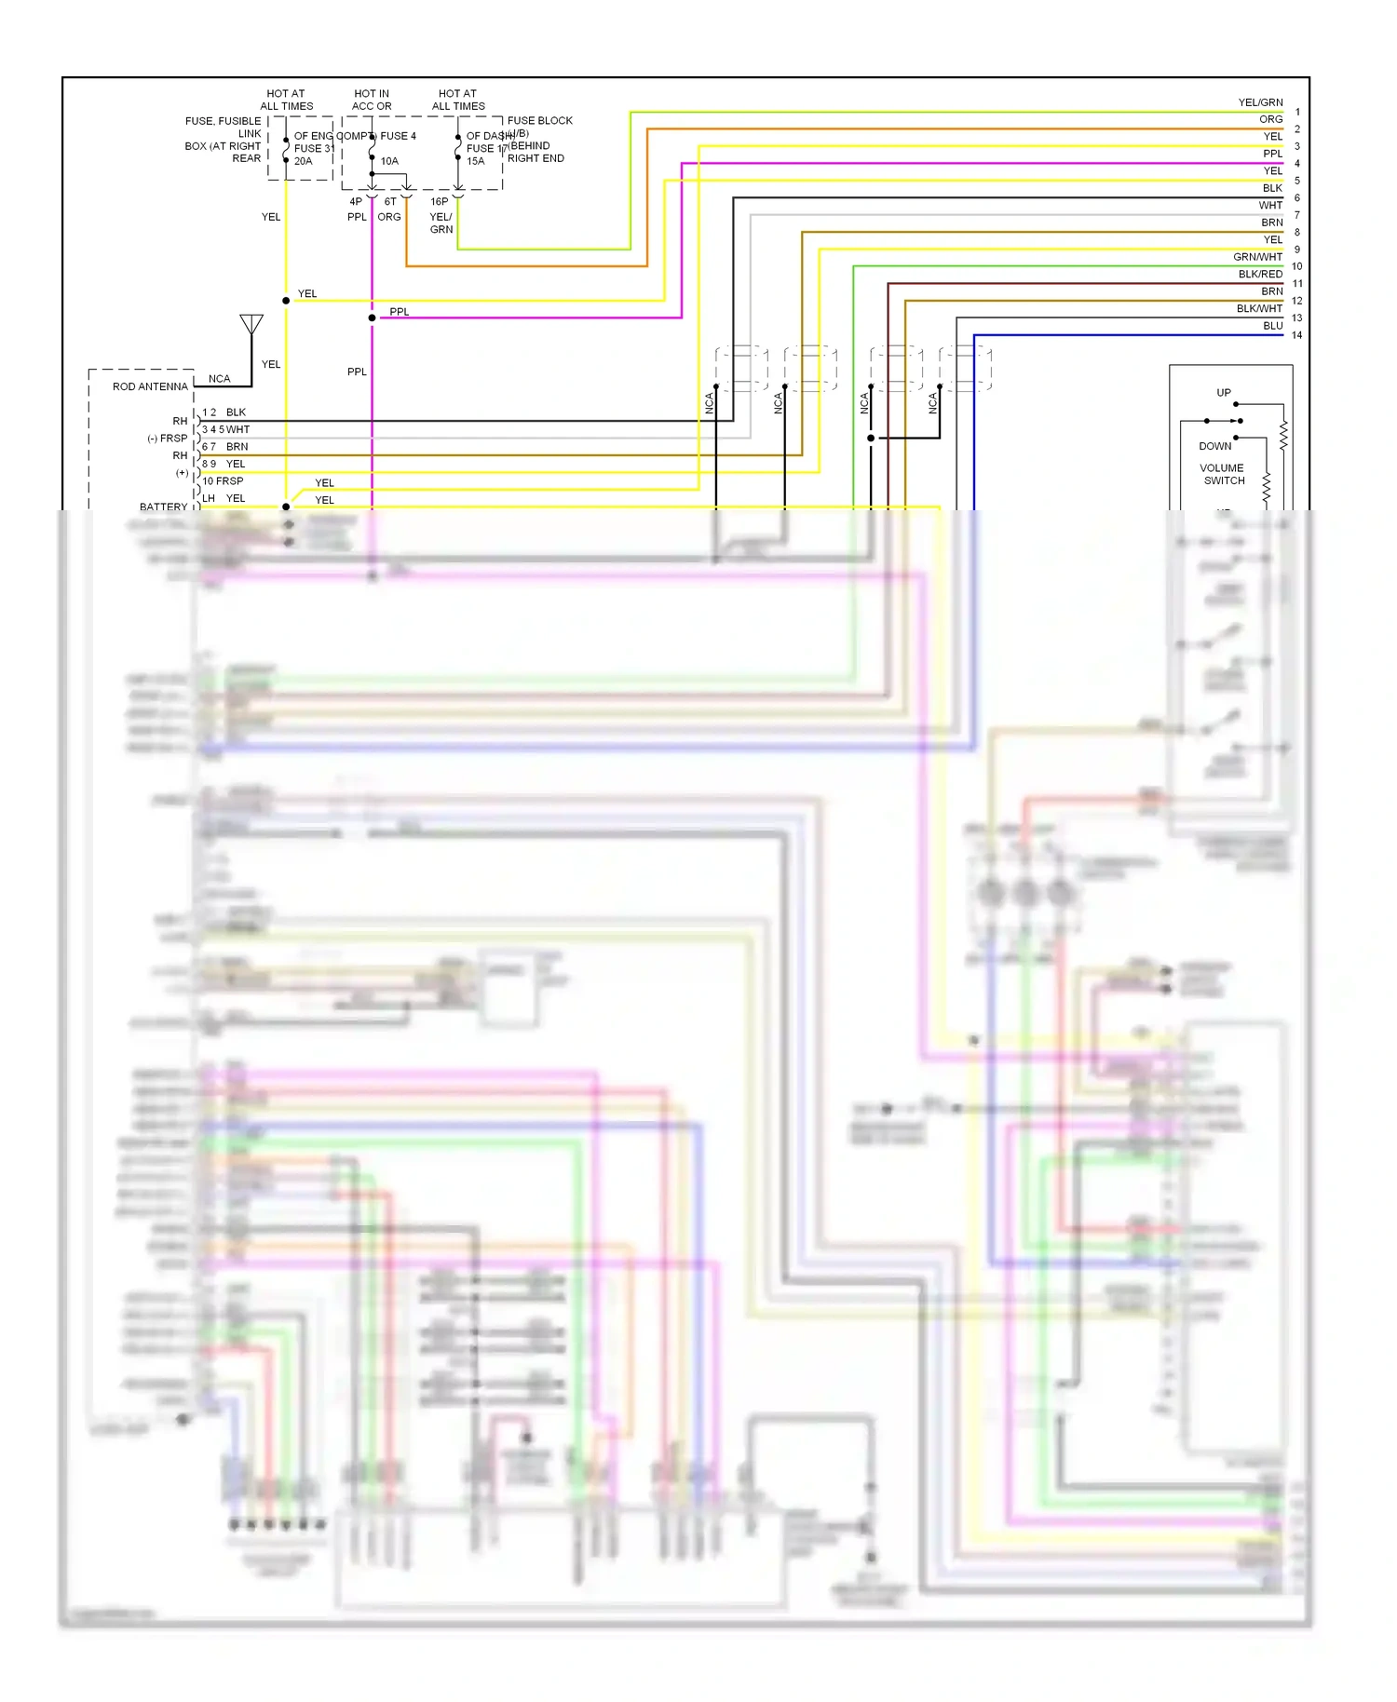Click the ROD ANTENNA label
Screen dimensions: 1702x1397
click(x=150, y=386)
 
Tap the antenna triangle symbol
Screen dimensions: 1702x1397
click(x=251, y=324)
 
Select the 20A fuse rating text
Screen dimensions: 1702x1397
click(x=304, y=161)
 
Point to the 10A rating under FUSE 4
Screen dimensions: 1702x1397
click(x=389, y=161)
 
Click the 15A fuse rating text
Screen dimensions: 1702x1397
click(x=476, y=161)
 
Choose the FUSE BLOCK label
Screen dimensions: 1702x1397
click(x=539, y=121)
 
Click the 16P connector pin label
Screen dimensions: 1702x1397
click(x=439, y=201)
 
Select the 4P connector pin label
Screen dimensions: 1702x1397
click(x=356, y=201)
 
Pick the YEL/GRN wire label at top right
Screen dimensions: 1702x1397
click(x=1260, y=102)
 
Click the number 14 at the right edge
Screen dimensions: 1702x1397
click(x=1296, y=335)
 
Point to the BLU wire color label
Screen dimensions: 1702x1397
click(x=1272, y=326)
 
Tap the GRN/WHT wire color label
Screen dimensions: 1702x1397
click(x=1257, y=257)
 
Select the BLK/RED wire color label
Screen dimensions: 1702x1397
click(x=1259, y=275)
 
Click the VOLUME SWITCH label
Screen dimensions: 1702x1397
click(x=1222, y=475)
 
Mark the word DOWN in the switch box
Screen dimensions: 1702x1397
click(x=1214, y=446)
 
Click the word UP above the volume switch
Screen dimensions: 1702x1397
click(x=1223, y=393)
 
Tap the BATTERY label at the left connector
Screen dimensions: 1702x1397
click(x=163, y=507)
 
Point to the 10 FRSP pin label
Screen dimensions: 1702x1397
click(x=223, y=481)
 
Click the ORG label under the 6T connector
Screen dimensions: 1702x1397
click(x=389, y=217)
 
